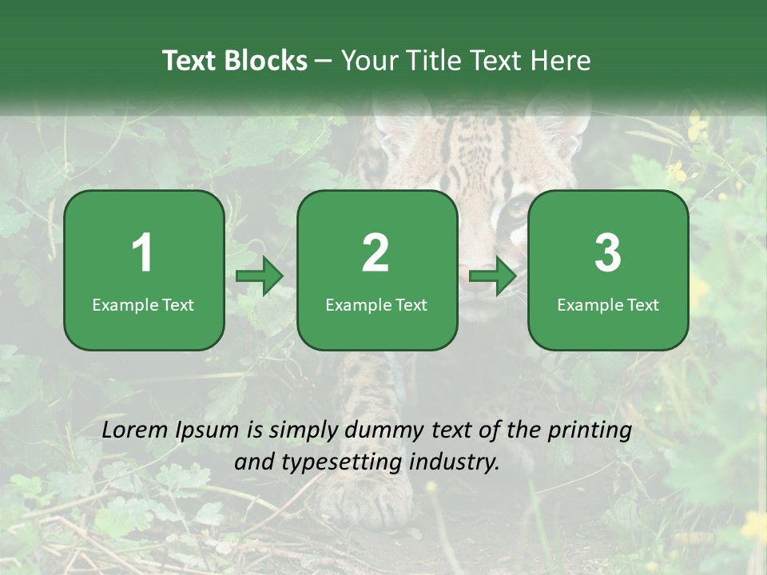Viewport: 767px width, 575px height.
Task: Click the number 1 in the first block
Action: coord(143,253)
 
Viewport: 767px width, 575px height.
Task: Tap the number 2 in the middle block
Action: coord(376,253)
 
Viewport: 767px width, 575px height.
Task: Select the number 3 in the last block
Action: coord(608,253)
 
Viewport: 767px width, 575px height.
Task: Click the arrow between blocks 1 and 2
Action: coord(260,277)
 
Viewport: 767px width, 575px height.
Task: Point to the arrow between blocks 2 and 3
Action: coord(493,277)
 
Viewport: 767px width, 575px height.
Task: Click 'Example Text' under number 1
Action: coord(143,304)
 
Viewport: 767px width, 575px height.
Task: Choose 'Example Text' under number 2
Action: coord(376,304)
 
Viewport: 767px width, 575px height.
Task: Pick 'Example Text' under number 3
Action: coord(608,304)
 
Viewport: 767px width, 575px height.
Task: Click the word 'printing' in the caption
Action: coord(590,430)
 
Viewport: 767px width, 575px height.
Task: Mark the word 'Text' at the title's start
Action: coord(189,61)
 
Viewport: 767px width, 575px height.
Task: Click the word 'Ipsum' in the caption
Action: coord(207,430)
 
